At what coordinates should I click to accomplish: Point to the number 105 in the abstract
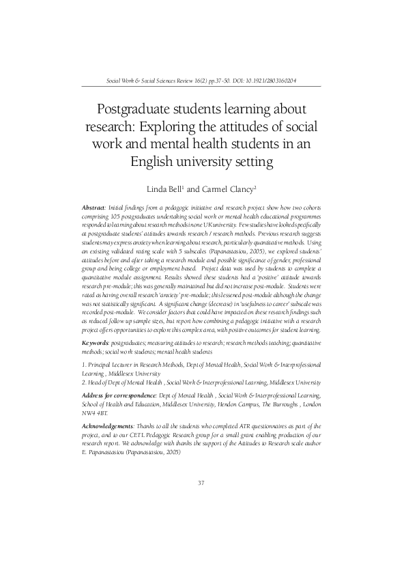pos(121,214)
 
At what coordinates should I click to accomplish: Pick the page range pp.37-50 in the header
pos(224,80)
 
